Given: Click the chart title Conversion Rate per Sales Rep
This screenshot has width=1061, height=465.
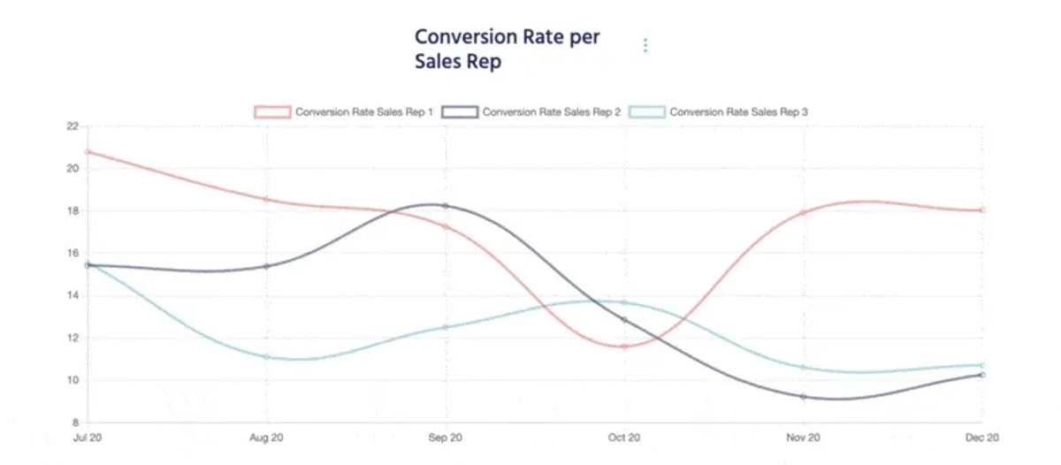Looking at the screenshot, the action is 508,49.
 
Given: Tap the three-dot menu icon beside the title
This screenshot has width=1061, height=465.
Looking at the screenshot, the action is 645,45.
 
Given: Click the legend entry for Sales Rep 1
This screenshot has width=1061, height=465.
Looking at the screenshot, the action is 344,112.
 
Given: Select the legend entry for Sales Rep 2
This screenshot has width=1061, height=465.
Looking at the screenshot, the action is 531,112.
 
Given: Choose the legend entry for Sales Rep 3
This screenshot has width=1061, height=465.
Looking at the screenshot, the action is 718,112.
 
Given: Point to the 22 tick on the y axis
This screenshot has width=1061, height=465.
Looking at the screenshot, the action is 73,126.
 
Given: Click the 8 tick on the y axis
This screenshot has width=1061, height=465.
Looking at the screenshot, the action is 75,423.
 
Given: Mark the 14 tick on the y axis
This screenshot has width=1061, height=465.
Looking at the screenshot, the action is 73,295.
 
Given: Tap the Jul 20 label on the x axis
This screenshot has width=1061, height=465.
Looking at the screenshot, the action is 88,438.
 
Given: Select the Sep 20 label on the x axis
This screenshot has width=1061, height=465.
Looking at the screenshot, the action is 446,438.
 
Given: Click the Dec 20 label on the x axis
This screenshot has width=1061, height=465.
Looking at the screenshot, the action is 982,438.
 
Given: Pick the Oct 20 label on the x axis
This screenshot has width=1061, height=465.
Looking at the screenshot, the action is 624,438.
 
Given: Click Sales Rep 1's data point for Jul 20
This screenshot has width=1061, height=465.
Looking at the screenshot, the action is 88,152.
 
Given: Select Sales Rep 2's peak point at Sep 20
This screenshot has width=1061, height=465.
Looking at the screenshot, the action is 446,206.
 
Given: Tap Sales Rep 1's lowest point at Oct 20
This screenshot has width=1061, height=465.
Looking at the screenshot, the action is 624,347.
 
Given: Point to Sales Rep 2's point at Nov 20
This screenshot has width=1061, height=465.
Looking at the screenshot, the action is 804,397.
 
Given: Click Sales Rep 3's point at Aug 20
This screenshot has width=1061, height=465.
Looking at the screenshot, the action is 267,356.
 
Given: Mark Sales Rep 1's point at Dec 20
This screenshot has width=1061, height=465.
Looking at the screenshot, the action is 982,210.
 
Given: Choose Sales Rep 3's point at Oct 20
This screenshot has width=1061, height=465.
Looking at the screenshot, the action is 624,302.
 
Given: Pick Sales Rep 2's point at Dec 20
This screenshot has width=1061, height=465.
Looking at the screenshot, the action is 982,375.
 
